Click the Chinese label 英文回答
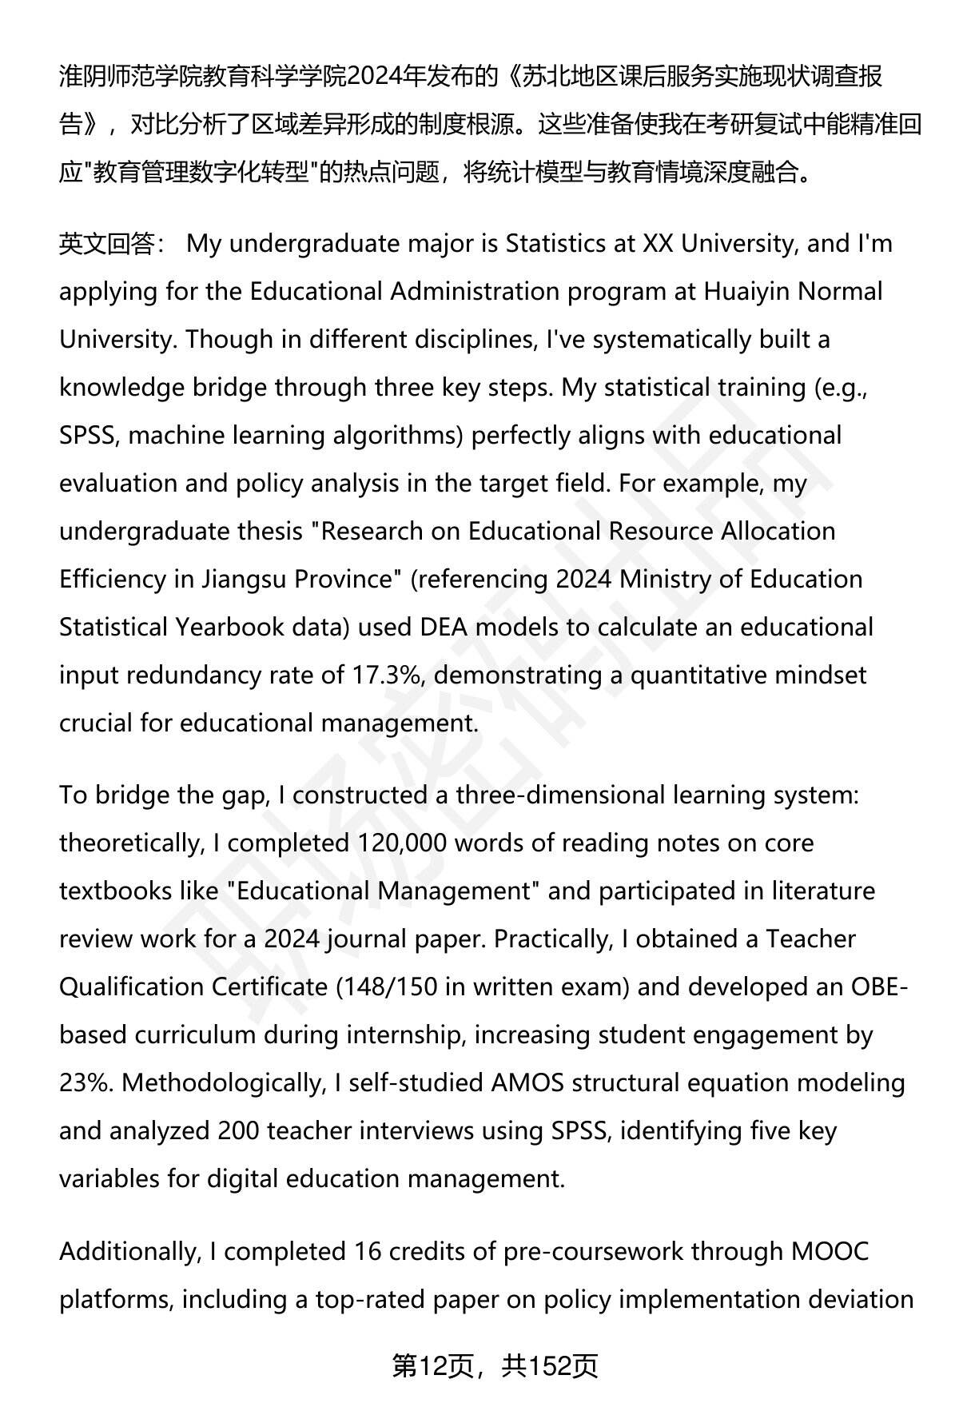(107, 244)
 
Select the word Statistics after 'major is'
(556, 244)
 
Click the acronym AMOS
(527, 1083)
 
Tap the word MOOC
(830, 1251)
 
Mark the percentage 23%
(86, 1083)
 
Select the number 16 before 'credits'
(366, 1251)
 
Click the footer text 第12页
(432, 1366)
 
